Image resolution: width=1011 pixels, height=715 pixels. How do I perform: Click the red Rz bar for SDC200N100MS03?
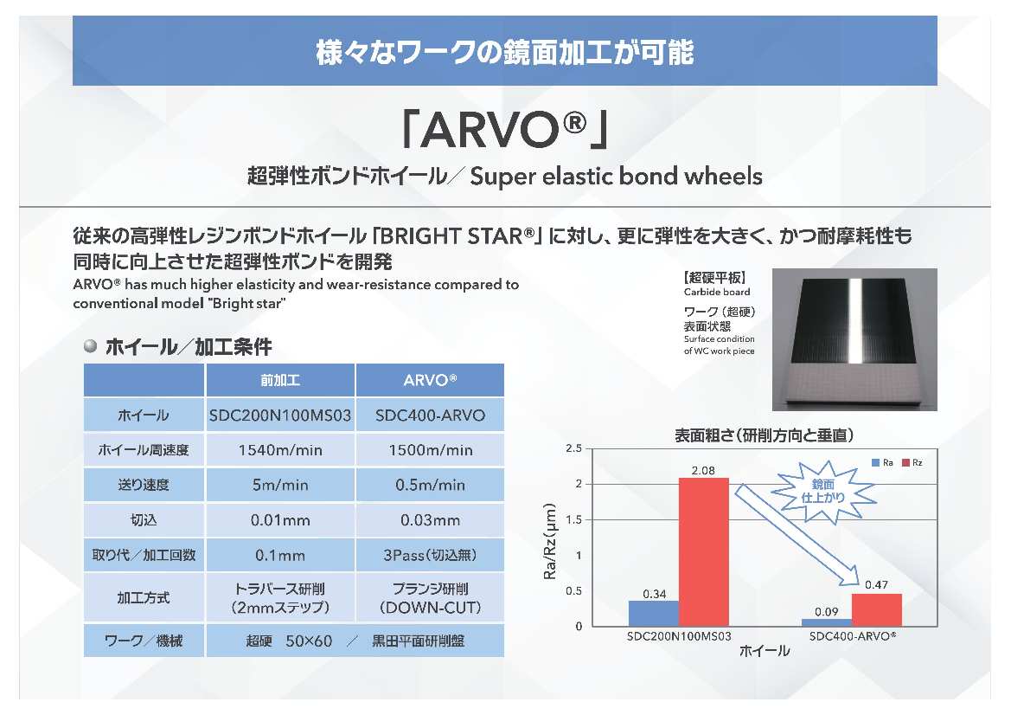point(704,551)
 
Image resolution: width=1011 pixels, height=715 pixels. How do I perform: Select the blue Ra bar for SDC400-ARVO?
point(827,622)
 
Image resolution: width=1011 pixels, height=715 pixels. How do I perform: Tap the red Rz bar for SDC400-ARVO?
point(877,609)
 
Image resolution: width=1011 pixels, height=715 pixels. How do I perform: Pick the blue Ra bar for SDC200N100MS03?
point(655,614)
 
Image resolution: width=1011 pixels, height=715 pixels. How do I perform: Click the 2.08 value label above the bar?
point(703,470)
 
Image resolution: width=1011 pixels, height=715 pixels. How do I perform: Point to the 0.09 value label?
point(827,612)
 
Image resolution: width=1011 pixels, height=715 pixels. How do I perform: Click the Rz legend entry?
point(912,463)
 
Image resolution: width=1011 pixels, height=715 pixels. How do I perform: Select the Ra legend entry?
point(882,463)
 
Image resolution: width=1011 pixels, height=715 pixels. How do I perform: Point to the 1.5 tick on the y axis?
point(574,520)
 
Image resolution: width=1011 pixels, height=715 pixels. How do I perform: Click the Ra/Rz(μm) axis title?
point(550,541)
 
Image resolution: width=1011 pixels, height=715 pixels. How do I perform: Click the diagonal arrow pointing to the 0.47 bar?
point(797,536)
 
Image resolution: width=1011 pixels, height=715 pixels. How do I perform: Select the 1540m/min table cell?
point(280,450)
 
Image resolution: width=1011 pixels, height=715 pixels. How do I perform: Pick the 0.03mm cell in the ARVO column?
point(430,520)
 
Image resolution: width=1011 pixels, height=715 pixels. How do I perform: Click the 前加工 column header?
point(280,380)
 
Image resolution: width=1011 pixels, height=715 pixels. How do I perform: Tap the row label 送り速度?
point(144,486)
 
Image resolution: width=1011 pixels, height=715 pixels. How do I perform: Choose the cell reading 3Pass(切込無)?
point(430,555)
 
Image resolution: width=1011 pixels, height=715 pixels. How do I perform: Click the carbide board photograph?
point(854,339)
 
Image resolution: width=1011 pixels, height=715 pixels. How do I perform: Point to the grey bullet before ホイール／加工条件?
point(90,346)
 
